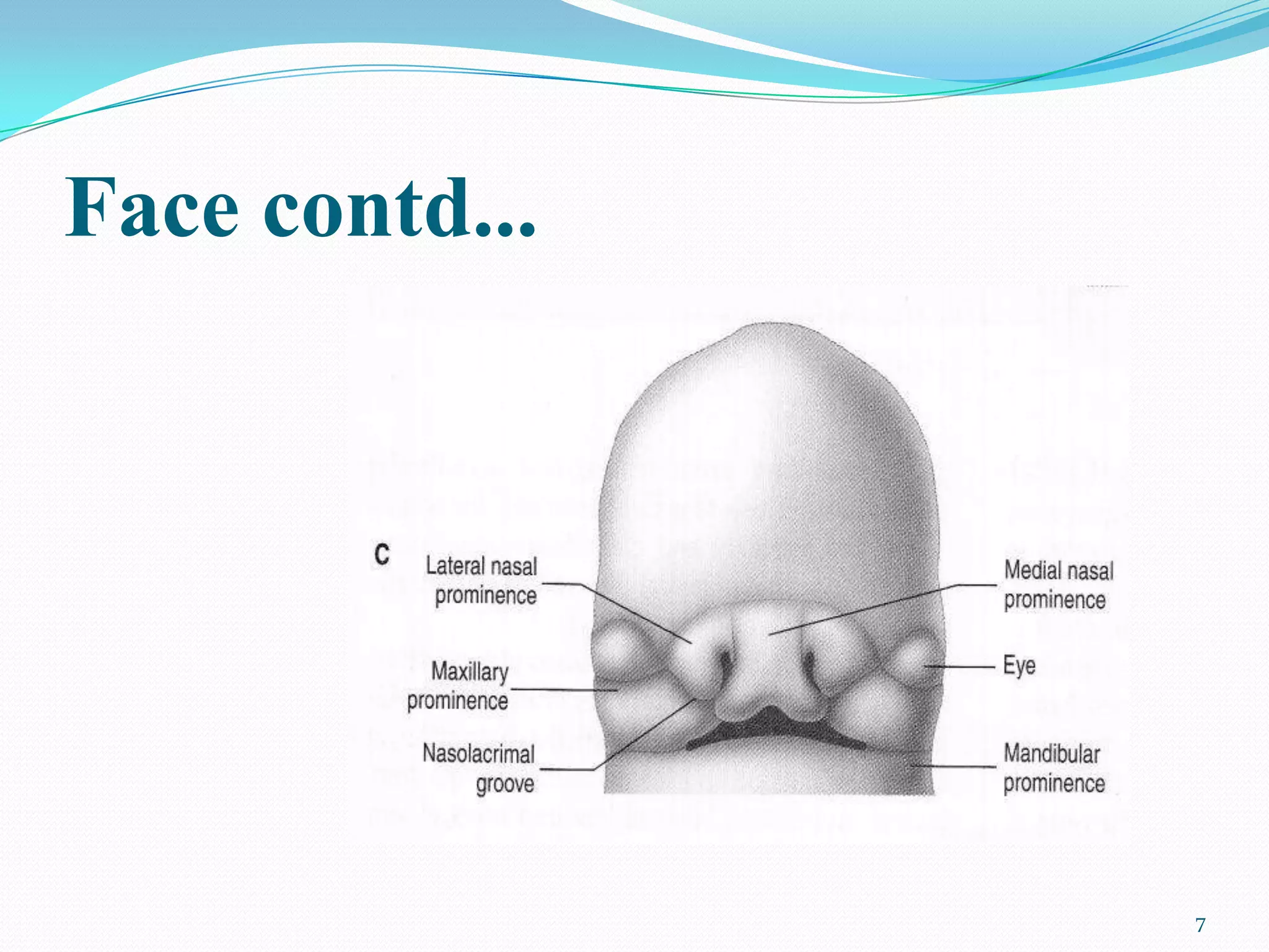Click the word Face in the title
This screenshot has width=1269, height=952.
152,207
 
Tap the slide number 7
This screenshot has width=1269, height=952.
1200,925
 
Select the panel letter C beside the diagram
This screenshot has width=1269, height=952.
382,553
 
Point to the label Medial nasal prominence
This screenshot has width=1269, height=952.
1058,584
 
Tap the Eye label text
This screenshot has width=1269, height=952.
1019,666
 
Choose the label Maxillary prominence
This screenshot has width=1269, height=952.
459,686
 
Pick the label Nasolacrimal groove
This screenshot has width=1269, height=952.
478,769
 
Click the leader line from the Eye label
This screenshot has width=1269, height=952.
960,667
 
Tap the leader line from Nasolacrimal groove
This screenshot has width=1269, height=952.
644,734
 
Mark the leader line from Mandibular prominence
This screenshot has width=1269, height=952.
954,766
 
